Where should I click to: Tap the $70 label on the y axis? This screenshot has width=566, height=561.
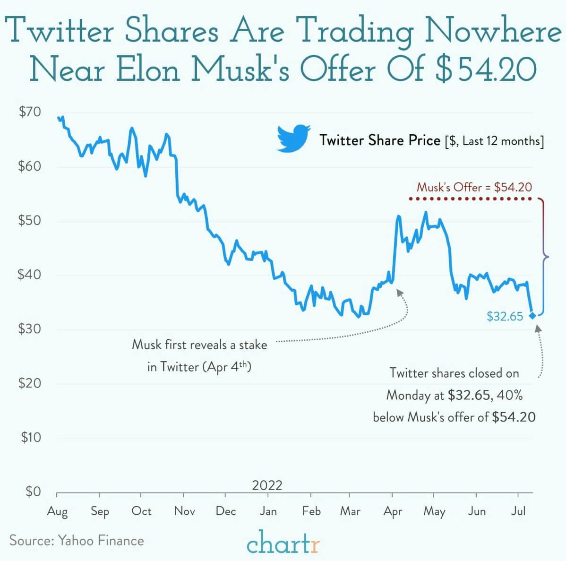(x=29, y=112)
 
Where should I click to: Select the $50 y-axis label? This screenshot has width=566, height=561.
(x=29, y=221)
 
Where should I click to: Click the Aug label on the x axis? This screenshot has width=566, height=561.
(x=57, y=511)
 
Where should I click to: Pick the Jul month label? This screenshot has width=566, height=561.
(x=518, y=511)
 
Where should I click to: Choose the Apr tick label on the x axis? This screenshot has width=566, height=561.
(x=393, y=511)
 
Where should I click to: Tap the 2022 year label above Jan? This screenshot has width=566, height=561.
(x=267, y=485)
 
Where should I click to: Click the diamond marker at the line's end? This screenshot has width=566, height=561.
(x=532, y=316)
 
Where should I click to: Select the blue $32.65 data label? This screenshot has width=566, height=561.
(x=505, y=316)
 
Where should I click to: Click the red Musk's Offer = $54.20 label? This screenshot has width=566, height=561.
(x=474, y=187)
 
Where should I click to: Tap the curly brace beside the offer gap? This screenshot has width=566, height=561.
(x=543, y=257)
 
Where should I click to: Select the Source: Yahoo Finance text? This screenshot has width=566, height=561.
(x=77, y=540)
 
